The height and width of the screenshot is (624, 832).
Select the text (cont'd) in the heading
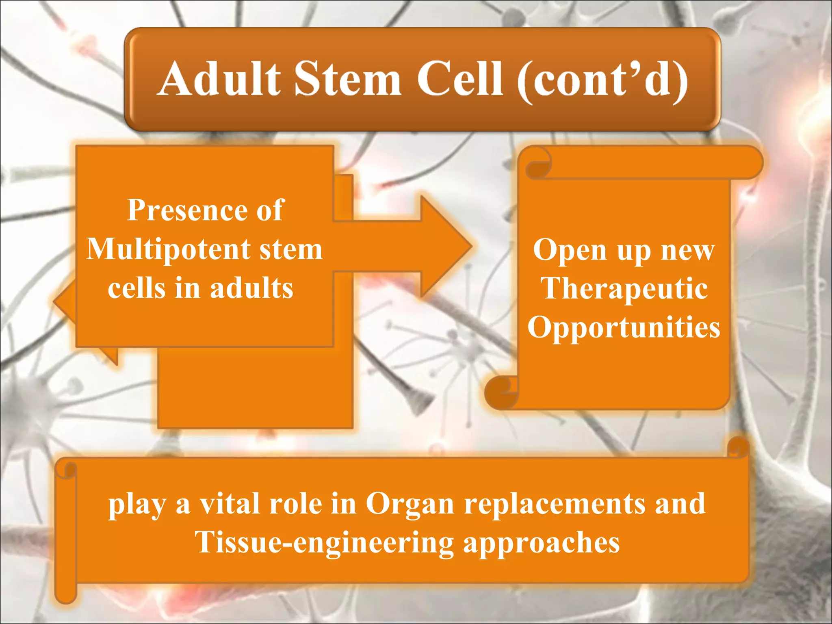pos(602,80)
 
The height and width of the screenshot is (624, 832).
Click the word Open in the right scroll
pos(570,250)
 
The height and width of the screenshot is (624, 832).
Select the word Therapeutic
pos(624,288)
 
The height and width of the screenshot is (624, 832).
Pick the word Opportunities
pos(624,327)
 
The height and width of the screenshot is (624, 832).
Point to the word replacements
pos(554,504)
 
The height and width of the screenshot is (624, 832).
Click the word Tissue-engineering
pos(324,543)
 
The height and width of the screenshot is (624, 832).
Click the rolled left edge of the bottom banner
pos(66,528)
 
